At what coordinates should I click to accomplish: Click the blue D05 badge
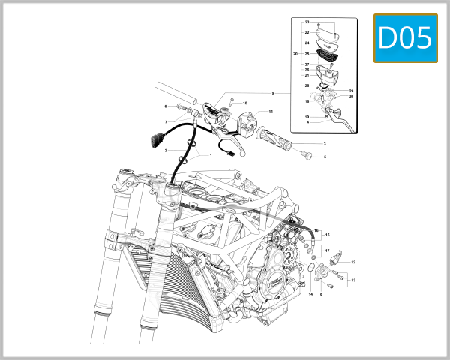405,38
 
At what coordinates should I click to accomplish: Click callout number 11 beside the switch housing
271,112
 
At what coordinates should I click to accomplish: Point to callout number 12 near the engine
353,262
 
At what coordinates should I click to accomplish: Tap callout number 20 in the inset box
295,55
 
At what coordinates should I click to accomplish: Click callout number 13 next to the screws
353,280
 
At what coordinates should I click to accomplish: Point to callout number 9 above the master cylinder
273,93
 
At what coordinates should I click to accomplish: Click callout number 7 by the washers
166,122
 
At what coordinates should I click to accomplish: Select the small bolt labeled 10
232,101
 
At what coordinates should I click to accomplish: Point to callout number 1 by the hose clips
211,156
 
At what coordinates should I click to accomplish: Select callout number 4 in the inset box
307,123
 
